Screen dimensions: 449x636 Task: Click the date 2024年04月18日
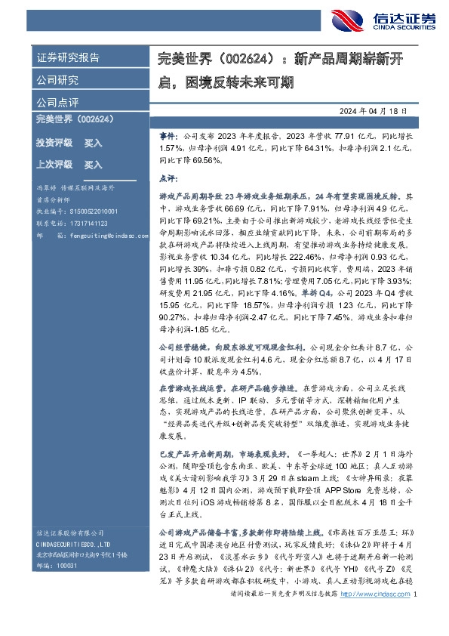click(x=374, y=111)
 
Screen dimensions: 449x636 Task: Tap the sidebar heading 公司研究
click(x=57, y=79)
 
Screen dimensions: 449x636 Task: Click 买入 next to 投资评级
click(x=94, y=143)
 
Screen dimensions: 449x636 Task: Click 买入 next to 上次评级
click(x=94, y=164)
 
